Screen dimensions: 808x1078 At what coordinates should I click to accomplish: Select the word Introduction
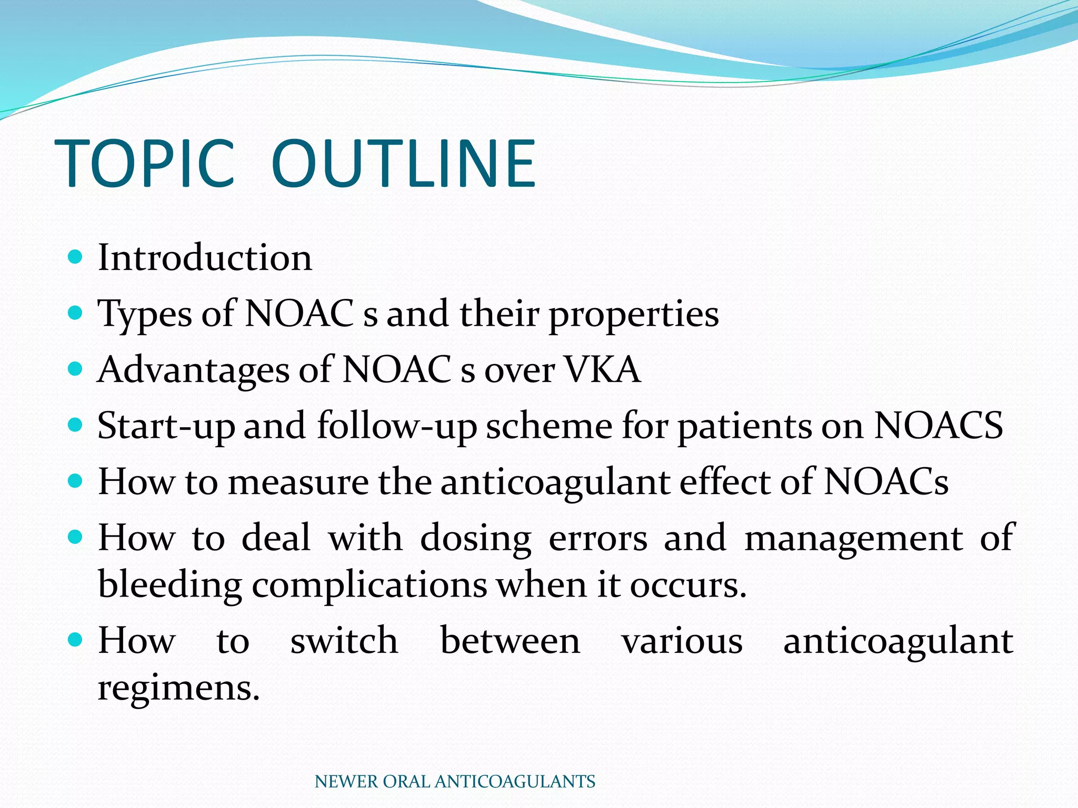click(x=205, y=258)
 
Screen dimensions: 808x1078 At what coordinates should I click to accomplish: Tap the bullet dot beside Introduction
click(x=76, y=257)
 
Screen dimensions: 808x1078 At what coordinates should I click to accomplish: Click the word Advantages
click(x=193, y=370)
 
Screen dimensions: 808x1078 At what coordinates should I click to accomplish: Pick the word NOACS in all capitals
click(x=939, y=425)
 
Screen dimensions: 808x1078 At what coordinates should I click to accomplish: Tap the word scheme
click(x=549, y=425)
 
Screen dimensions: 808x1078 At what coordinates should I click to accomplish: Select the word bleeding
click(x=169, y=585)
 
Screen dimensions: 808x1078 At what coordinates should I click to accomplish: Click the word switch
click(x=344, y=641)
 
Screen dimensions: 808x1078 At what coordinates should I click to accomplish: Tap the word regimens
click(x=178, y=688)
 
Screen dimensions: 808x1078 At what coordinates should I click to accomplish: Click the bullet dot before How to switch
click(x=76, y=640)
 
